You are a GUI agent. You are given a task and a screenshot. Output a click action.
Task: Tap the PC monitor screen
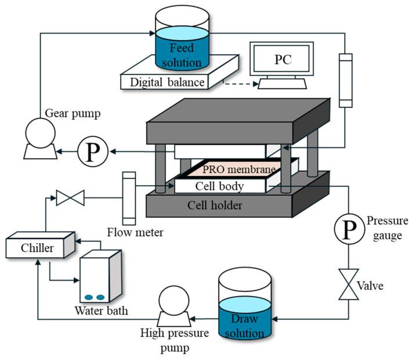pyautogui.click(x=280, y=60)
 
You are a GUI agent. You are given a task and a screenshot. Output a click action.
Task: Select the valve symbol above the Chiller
pyautogui.click(x=70, y=199)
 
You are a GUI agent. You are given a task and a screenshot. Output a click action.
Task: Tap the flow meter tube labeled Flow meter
pyautogui.click(x=129, y=197)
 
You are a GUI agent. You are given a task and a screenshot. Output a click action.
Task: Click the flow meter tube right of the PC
pyautogui.click(x=345, y=80)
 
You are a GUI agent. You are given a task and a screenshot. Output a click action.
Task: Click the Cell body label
pyautogui.click(x=219, y=186)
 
